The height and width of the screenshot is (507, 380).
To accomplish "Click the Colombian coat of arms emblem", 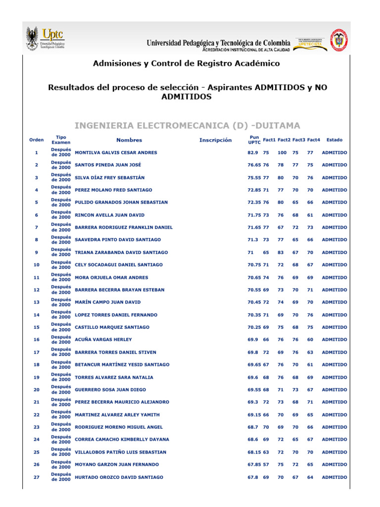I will coord(339,40).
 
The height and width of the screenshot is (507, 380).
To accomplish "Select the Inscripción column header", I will coord(215,140).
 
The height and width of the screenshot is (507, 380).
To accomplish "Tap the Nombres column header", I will coord(129,140).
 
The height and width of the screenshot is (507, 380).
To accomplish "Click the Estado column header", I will coord(334,140).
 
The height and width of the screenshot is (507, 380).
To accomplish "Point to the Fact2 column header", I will coord(284,140).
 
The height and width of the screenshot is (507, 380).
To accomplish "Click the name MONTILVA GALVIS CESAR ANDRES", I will coord(116,152).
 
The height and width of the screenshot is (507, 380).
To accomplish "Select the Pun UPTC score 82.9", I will coord(253,152).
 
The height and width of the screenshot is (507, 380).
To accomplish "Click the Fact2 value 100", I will coord(282,152).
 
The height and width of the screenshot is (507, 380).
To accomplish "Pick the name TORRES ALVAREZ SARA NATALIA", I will coord(114,377).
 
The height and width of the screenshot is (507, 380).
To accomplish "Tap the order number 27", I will coord(36,477).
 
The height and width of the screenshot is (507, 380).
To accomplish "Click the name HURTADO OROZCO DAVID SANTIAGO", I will coord(119,477).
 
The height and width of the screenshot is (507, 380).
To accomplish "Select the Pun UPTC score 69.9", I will coord(253,340).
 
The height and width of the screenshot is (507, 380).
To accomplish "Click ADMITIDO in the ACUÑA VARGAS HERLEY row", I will coord(334,340).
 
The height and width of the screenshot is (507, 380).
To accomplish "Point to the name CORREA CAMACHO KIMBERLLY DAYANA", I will coord(122,440).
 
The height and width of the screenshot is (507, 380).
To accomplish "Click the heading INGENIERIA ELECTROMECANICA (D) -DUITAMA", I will coord(187,125).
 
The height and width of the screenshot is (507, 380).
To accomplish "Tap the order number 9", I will coord(36,253).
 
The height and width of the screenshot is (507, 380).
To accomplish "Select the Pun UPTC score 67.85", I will coord(254,464).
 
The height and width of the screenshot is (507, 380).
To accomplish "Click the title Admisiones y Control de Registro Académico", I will coord(187,63).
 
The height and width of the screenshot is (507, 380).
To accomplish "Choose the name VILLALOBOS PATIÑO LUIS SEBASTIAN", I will coord(120,452).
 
